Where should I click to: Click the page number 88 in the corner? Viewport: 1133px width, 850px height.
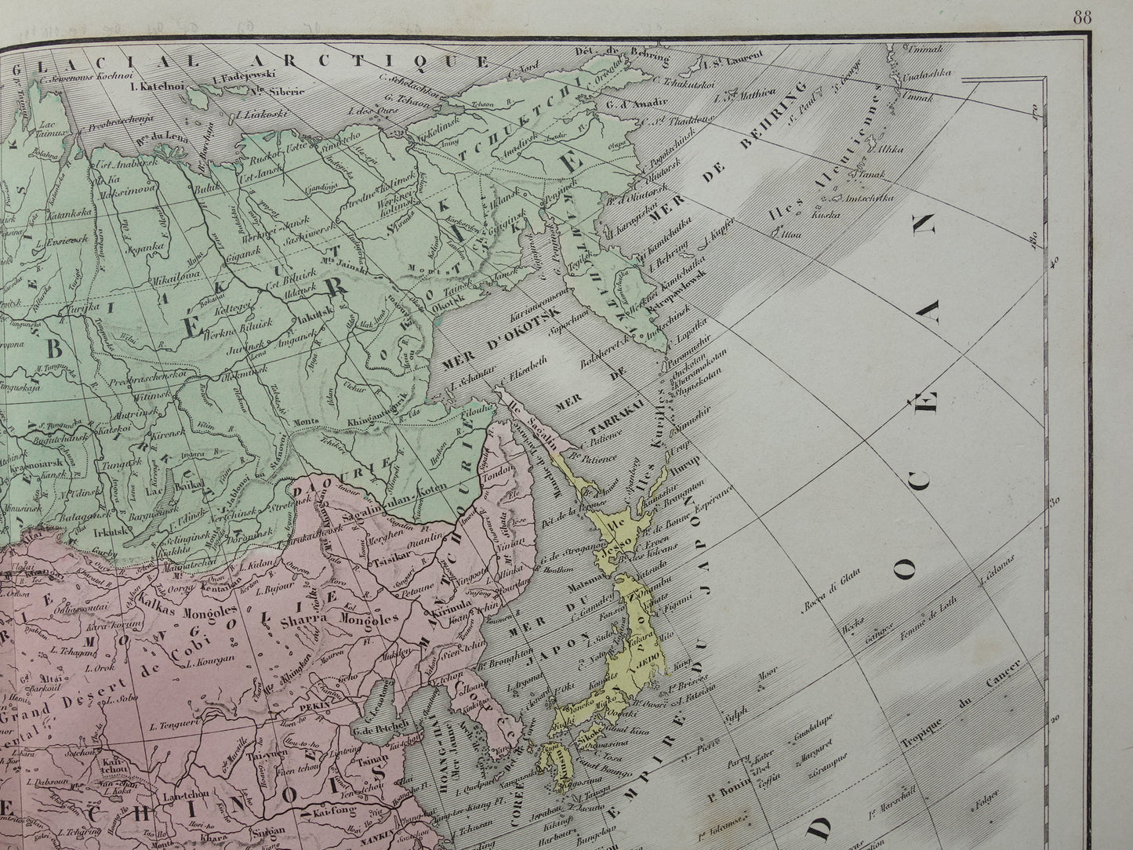1082,19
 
